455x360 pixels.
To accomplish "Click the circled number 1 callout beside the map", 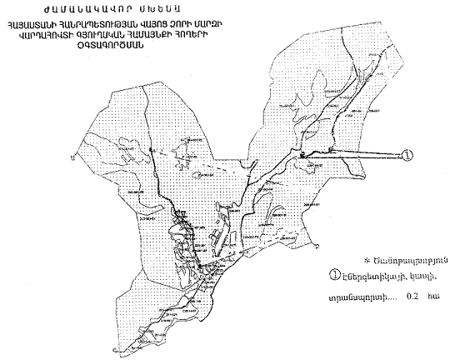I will coord(407,156).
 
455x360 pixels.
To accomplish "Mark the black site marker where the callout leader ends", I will coord(303,154).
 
